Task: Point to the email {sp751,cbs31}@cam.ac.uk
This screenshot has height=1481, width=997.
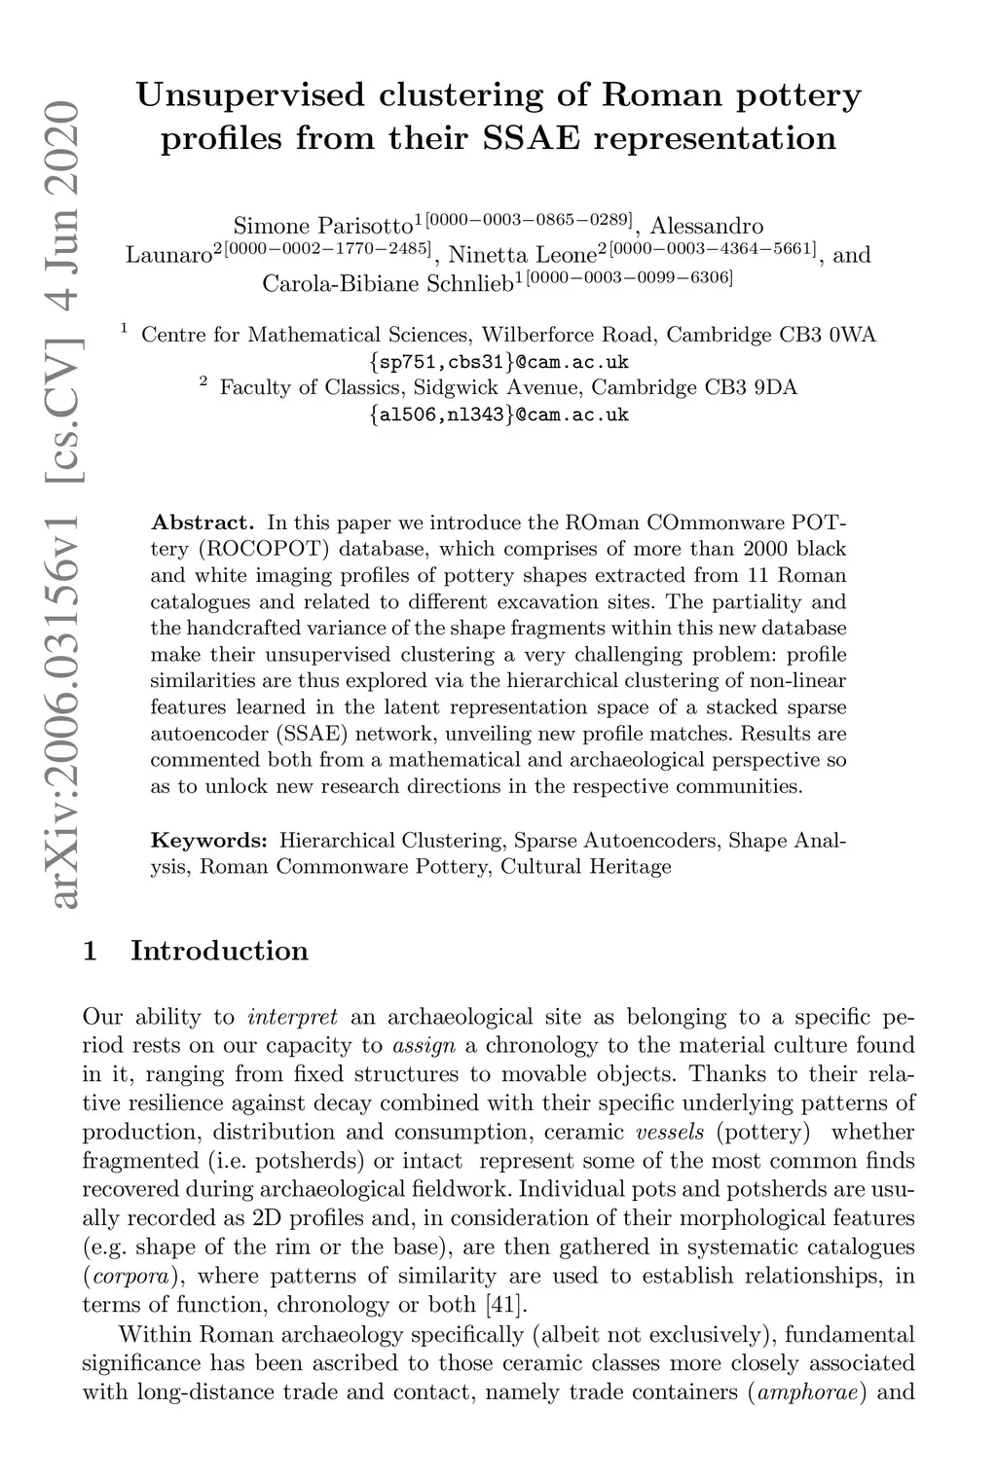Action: pos(498,362)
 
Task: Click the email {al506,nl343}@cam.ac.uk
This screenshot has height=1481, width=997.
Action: pos(498,415)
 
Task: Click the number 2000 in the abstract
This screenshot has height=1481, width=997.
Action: pos(761,549)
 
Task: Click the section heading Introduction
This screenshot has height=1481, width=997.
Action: pos(219,951)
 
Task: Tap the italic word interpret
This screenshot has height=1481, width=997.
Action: pos(293,1018)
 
